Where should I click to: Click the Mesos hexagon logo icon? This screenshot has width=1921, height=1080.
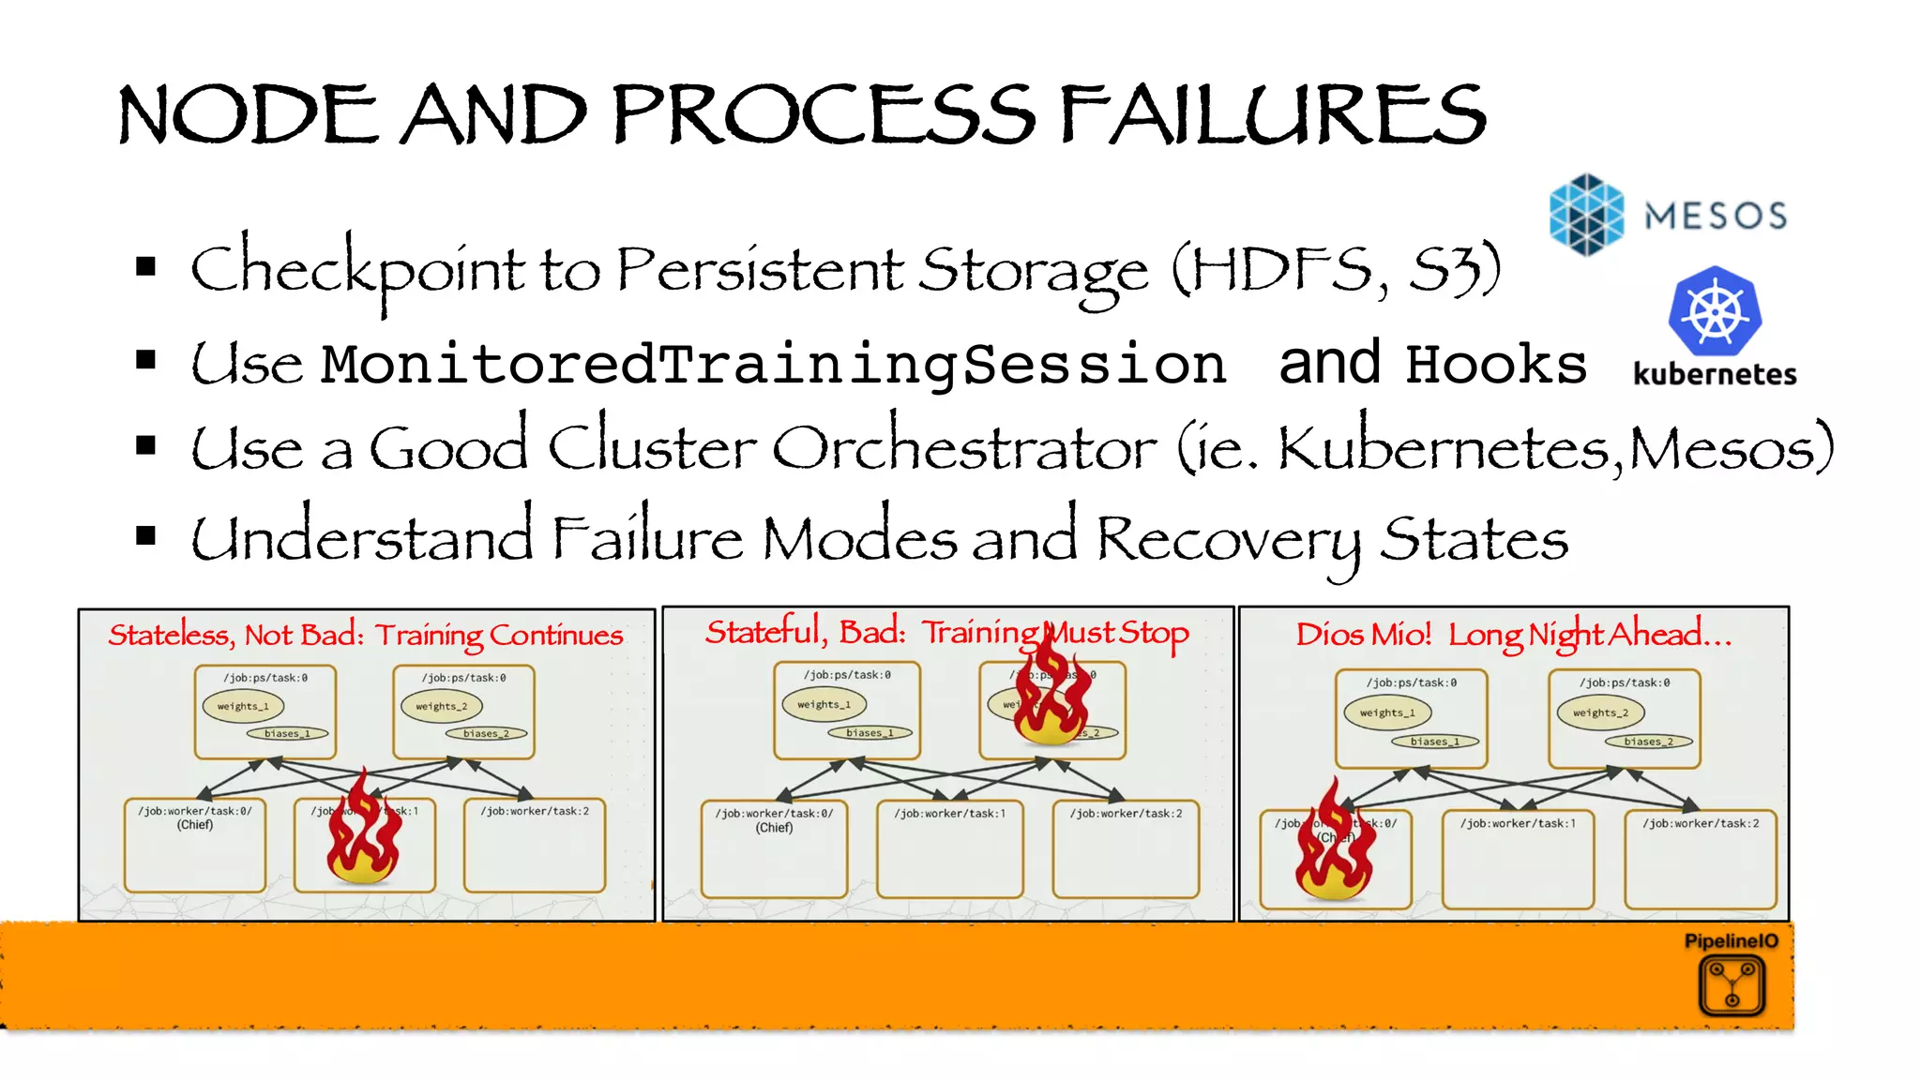coord(1586,215)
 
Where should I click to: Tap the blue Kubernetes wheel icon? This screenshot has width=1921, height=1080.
coord(1715,312)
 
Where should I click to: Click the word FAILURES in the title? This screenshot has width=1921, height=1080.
coord(1273,114)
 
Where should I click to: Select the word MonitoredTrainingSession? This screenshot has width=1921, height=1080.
coord(773,364)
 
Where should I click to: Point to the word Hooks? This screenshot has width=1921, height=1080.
coord(1495,364)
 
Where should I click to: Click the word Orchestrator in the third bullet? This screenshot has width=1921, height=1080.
coord(964,449)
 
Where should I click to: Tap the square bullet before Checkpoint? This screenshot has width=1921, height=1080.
coord(145,267)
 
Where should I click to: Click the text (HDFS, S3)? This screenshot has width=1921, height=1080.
coord(1336,270)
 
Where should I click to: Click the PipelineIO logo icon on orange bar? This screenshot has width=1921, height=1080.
coord(1732,985)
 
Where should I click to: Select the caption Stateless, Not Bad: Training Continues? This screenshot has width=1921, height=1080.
coord(366,636)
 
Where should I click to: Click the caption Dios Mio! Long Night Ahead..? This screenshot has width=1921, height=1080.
coord(1513,635)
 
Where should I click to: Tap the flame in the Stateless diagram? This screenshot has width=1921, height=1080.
coord(364,831)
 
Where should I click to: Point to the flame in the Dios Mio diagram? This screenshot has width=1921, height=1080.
coord(1334,844)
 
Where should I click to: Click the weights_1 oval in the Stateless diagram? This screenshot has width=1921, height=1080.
coord(243,706)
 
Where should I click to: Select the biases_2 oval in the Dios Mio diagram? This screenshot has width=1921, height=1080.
coord(1648,742)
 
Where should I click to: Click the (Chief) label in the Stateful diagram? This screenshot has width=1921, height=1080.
coord(775,828)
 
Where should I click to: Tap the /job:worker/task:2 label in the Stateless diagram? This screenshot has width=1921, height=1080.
coord(535,811)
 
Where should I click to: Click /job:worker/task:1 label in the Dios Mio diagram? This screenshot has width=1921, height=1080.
coord(1517,823)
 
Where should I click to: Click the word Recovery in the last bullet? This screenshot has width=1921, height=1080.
coord(1229,540)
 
